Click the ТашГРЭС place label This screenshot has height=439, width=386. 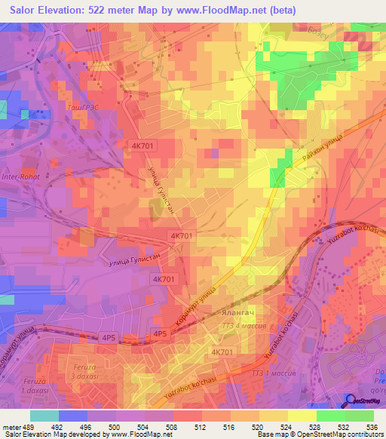[x=78, y=108]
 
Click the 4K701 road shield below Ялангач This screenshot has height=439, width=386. [x=222, y=352]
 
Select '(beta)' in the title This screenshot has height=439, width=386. [x=277, y=11]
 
